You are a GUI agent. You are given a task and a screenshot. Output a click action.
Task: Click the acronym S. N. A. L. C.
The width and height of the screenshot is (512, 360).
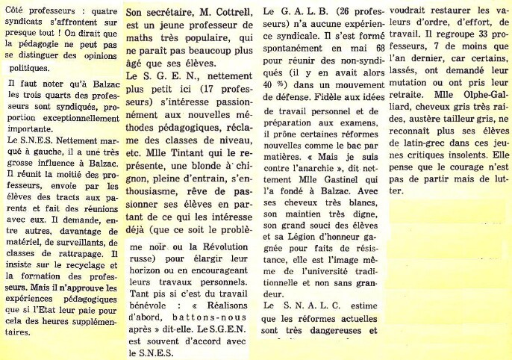[x=311, y=305]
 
